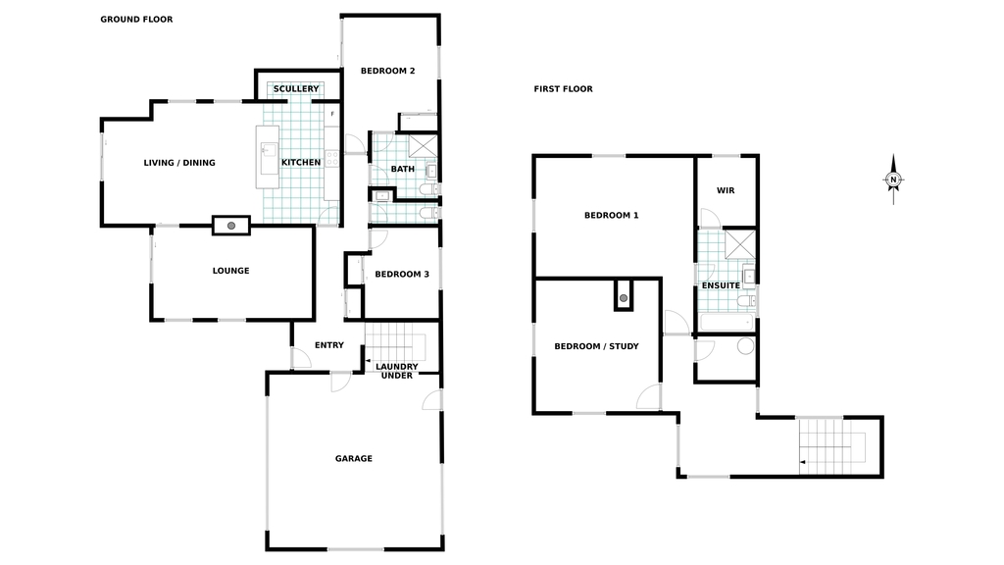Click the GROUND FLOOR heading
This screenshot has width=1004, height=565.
136,20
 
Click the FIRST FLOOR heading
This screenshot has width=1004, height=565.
564,89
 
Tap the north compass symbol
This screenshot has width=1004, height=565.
894,180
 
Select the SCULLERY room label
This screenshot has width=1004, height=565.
296,89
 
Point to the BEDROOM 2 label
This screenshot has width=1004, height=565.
388,71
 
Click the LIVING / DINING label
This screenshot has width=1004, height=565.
179,163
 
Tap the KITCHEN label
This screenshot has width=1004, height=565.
301,163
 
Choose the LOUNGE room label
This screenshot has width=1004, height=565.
231,271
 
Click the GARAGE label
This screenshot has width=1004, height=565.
353,459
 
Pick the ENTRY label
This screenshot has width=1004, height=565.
329,345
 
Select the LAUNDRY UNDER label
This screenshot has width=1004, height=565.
397,371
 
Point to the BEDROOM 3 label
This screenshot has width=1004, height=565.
402,275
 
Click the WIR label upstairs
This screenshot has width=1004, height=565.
726,191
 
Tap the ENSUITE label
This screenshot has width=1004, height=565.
721,285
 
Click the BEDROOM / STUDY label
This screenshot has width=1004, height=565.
597,346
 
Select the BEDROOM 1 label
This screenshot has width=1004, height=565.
612,215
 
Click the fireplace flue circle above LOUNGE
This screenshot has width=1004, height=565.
231,226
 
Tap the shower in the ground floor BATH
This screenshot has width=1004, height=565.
424,146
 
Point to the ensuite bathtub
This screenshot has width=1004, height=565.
727,322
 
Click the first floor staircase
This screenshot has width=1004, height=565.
832,446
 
